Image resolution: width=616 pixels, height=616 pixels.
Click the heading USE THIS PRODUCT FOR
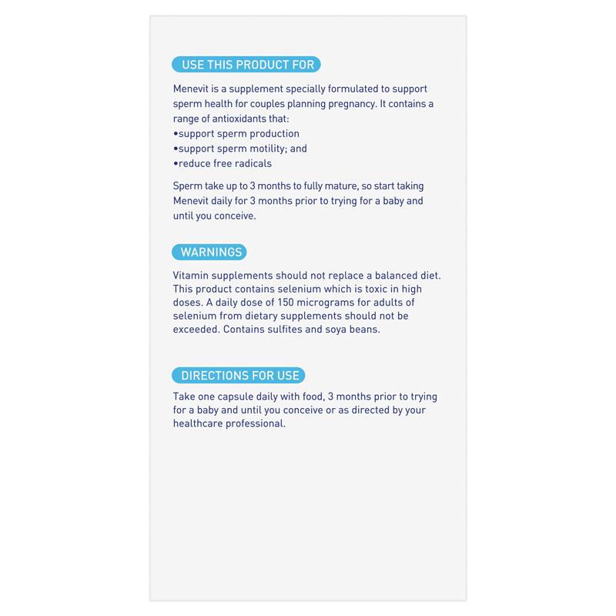click(247, 65)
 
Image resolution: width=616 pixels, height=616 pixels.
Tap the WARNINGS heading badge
click(211, 252)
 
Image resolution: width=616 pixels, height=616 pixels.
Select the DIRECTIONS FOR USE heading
click(239, 376)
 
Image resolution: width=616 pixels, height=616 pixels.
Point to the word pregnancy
click(350, 104)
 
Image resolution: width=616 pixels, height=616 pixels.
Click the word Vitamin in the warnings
click(192, 275)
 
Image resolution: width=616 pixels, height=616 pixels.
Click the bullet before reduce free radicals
click(176, 163)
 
